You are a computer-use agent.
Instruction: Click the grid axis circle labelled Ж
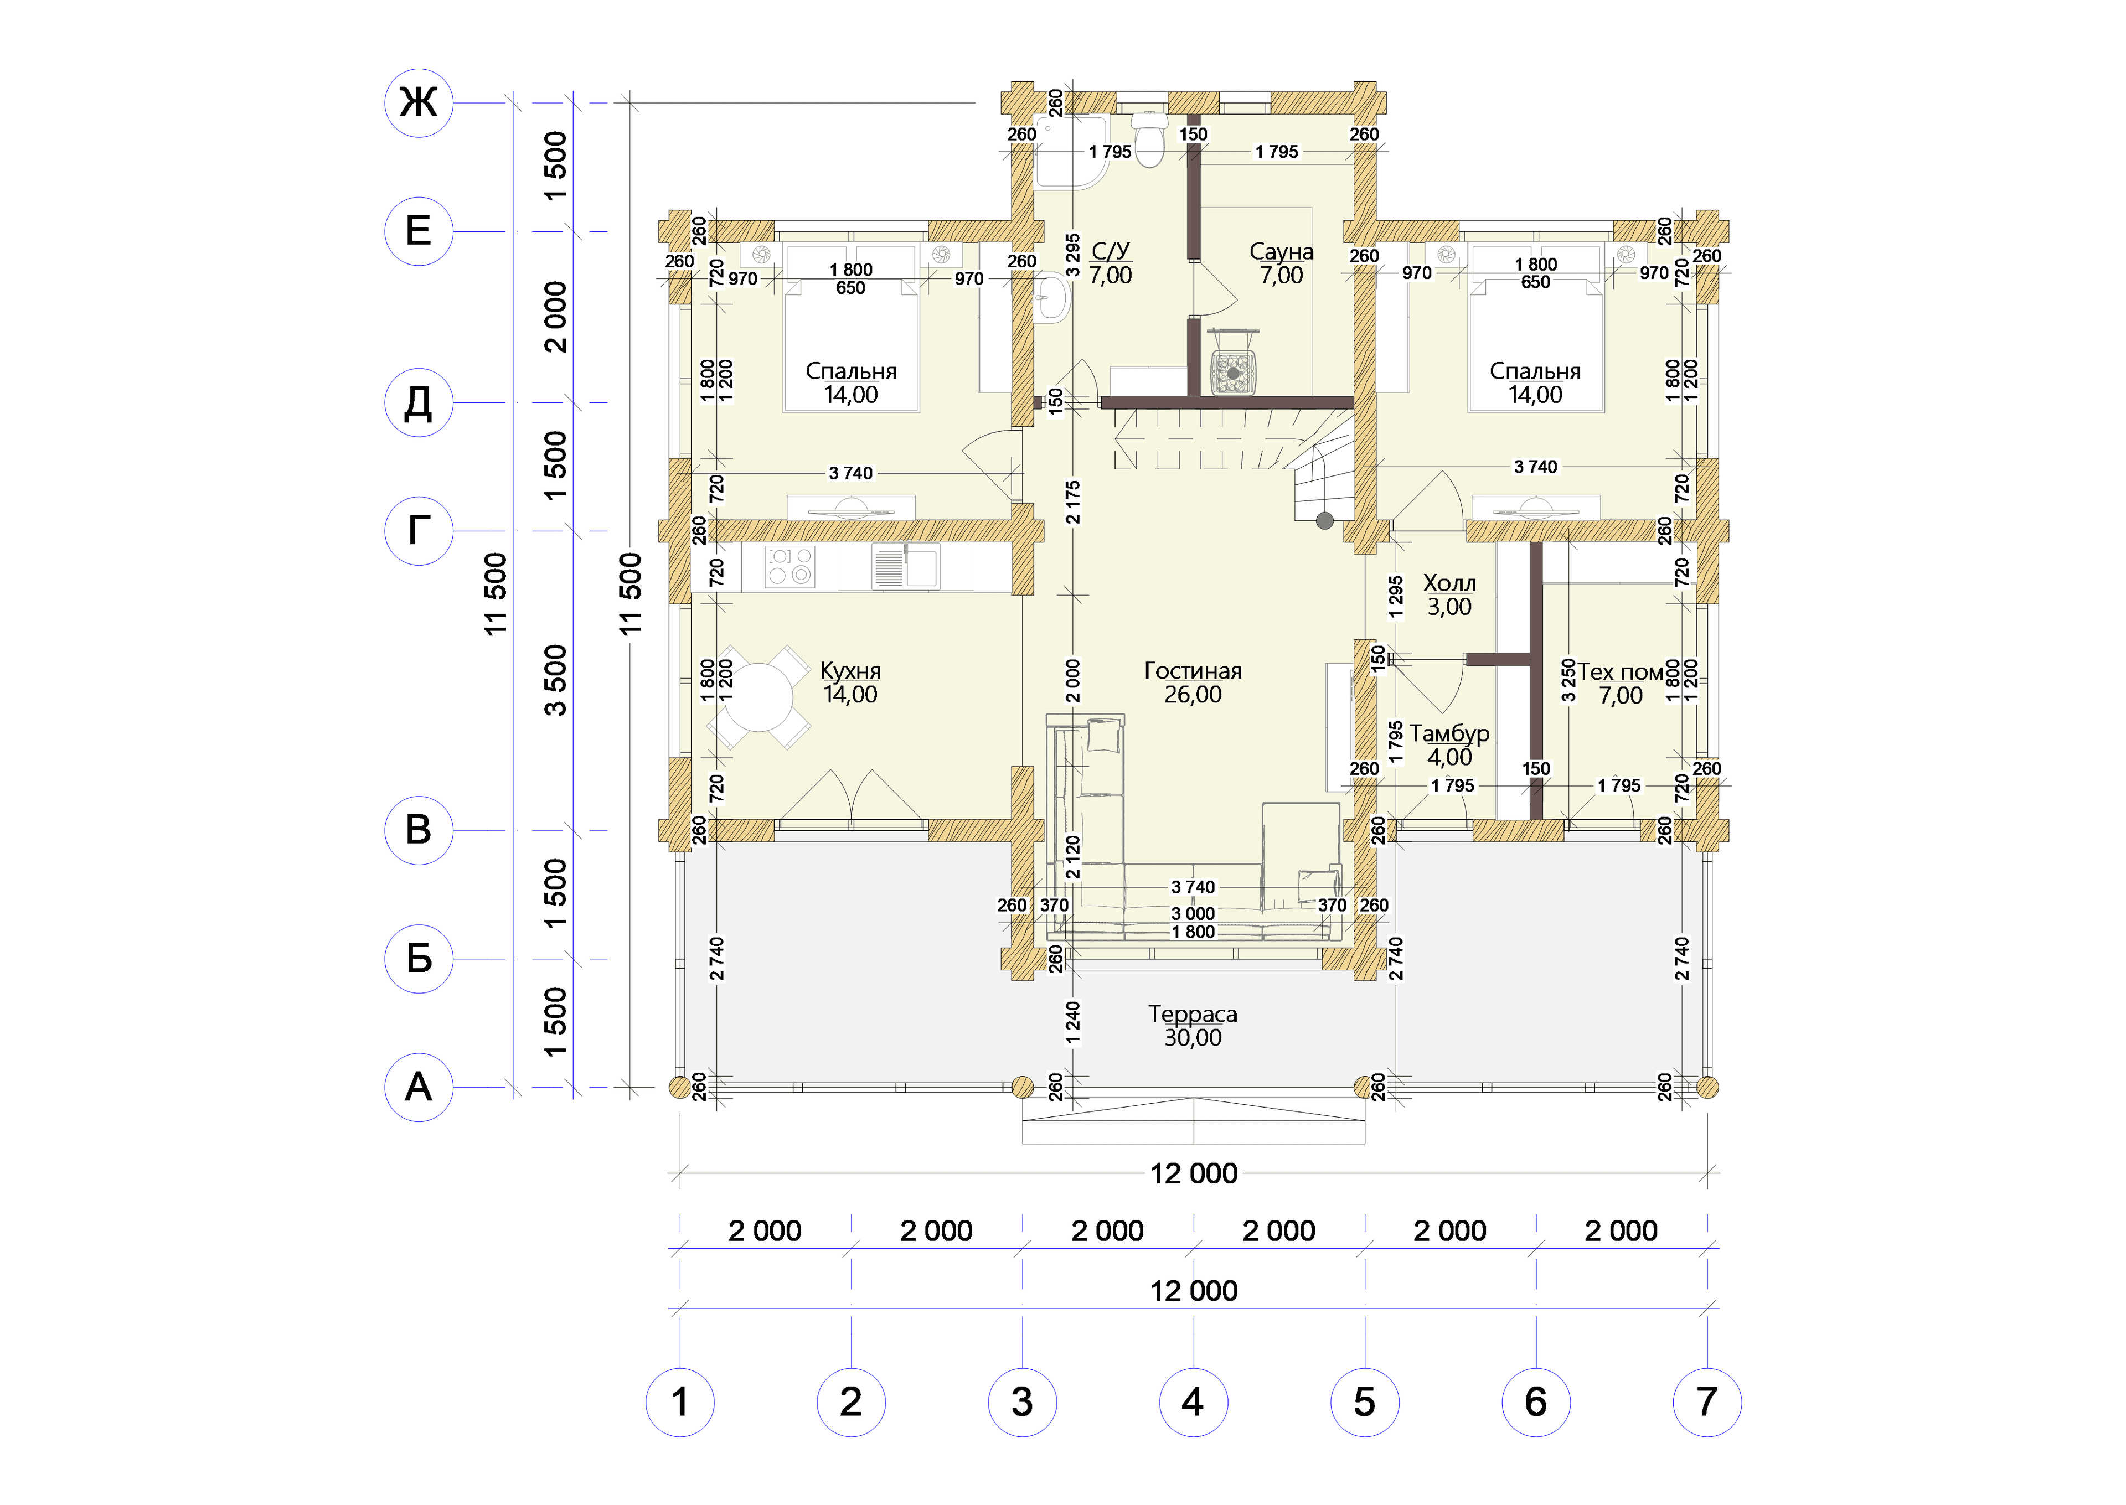[419, 103]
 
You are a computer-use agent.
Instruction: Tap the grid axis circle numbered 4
[1194, 1402]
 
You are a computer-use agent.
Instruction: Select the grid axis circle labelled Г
[419, 531]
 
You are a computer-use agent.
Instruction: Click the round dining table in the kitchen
[758, 697]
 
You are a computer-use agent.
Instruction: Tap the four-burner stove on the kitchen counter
[789, 566]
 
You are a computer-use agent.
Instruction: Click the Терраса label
[1193, 1014]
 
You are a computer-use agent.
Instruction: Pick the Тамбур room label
[1449, 733]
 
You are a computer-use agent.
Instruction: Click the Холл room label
[1449, 583]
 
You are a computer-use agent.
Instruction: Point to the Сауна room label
[1282, 251]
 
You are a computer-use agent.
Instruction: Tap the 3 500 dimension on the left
[554, 680]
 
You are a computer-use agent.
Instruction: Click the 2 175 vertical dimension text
[1072, 501]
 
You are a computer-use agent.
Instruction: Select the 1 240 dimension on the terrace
[1072, 1022]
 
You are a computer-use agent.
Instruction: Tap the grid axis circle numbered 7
[1707, 1402]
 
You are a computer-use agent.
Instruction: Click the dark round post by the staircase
[1325, 521]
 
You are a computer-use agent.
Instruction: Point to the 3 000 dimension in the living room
[1193, 914]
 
